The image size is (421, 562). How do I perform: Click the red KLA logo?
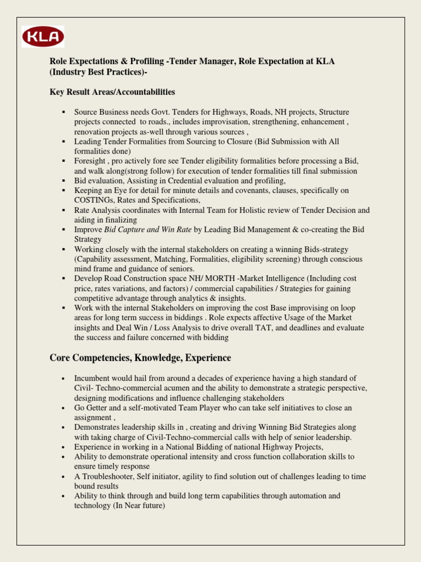pos(43,37)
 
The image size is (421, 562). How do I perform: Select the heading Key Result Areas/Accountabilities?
pos(112,92)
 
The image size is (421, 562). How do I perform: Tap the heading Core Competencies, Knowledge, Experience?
pos(140,358)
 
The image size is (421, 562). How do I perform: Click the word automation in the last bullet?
pos(308,496)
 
